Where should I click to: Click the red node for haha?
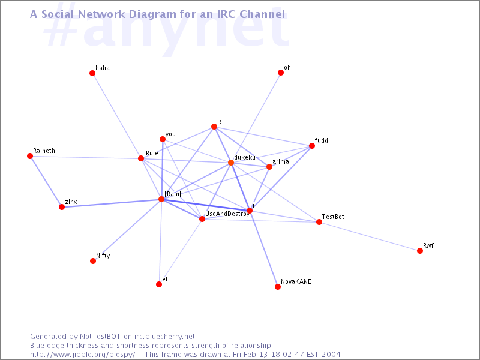pos(92,73)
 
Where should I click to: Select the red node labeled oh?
pos(281,73)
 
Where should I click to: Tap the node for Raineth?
pos(30,156)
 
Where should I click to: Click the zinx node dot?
pos(62,207)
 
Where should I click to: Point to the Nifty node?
pos(93,261)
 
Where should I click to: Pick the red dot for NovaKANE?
pos(278,287)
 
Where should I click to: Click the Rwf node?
pos(420,251)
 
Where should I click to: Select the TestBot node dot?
pos(319,222)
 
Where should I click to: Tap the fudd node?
pos(312,146)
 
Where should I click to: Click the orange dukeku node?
pos(231,163)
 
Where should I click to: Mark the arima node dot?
pos(269,167)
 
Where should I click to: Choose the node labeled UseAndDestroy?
pos(202,219)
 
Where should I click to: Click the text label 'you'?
pos(170,134)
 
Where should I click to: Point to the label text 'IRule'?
pos(151,153)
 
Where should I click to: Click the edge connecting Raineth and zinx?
pos(46,182)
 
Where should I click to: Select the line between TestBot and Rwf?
pos(370,236)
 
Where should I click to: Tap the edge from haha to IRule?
pos(116,116)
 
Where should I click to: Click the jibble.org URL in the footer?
pos(82,355)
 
